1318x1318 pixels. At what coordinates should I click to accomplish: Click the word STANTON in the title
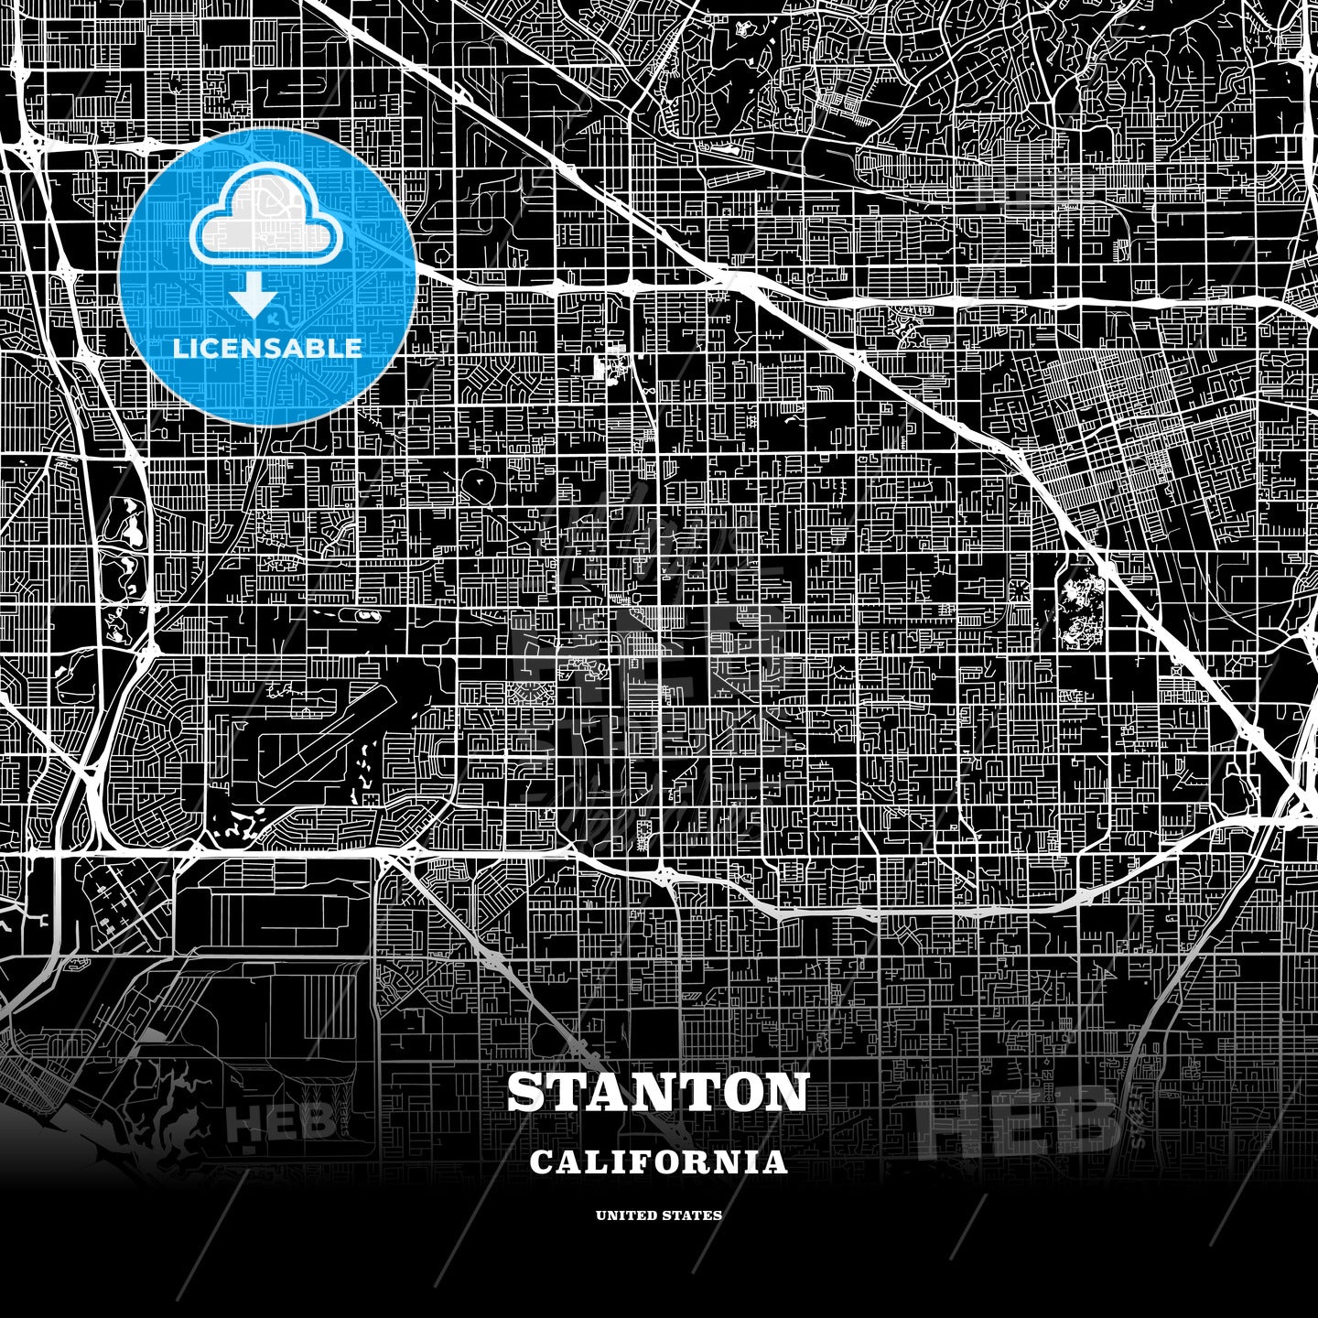coord(658,1092)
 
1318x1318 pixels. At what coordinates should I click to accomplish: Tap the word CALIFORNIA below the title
coord(658,1162)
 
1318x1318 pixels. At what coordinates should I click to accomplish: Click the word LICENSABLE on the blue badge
coord(267,348)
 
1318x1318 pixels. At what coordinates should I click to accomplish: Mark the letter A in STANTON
coord(610,1092)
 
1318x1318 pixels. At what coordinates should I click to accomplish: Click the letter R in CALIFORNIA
coord(706,1162)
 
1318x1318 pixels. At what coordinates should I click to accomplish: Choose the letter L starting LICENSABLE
coord(179,348)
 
